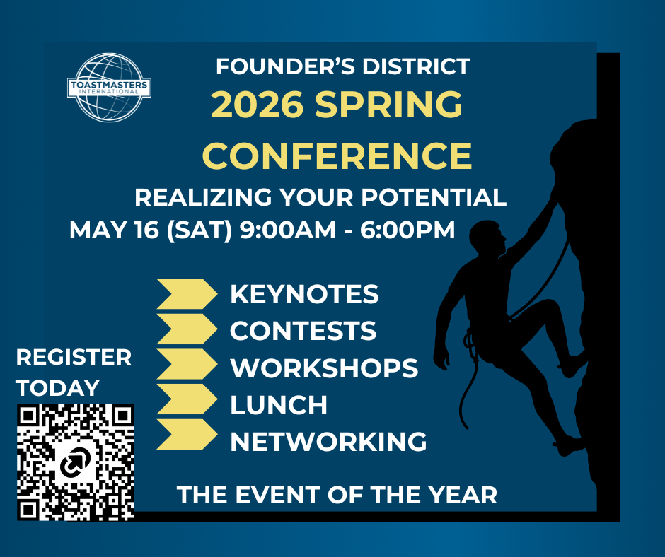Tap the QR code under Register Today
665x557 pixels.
coord(76,462)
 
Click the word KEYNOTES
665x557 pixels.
coord(304,294)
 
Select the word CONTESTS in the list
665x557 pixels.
coord(303,331)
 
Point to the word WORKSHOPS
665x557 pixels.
coord(324,368)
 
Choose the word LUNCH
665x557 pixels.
coord(279,405)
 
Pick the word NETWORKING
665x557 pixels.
coord(328,442)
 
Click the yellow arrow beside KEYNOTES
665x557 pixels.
coord(186,294)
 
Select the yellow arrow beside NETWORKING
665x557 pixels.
coord(186,434)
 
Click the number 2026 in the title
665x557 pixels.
coord(258,106)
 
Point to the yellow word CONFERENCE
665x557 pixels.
coord(337,156)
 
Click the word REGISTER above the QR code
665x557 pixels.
coord(74,357)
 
